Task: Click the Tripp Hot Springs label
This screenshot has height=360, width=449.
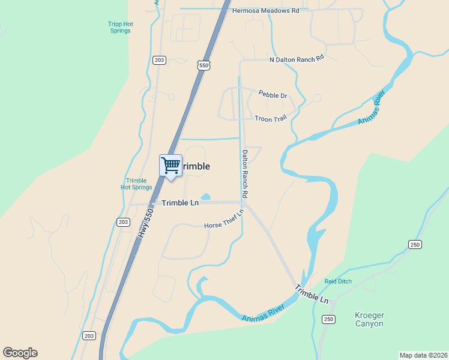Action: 121,27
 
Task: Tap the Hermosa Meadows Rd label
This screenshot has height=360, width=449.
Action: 265,11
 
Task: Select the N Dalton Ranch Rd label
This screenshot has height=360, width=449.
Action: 297,59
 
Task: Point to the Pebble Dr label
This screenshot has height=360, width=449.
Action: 273,95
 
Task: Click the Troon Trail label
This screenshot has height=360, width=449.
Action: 270,119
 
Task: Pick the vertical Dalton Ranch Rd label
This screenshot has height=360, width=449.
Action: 245,174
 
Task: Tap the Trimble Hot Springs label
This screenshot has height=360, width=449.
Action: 136,184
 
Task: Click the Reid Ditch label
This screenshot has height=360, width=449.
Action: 338,281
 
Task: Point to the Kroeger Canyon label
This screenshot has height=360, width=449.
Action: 369,319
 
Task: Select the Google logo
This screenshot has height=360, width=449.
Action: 20,353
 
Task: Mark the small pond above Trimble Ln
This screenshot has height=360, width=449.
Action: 206,197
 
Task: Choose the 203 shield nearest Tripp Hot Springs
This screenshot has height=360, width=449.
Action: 159,60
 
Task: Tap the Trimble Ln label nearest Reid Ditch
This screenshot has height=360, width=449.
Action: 312,293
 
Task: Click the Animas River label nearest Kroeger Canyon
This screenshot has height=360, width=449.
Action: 262,312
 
